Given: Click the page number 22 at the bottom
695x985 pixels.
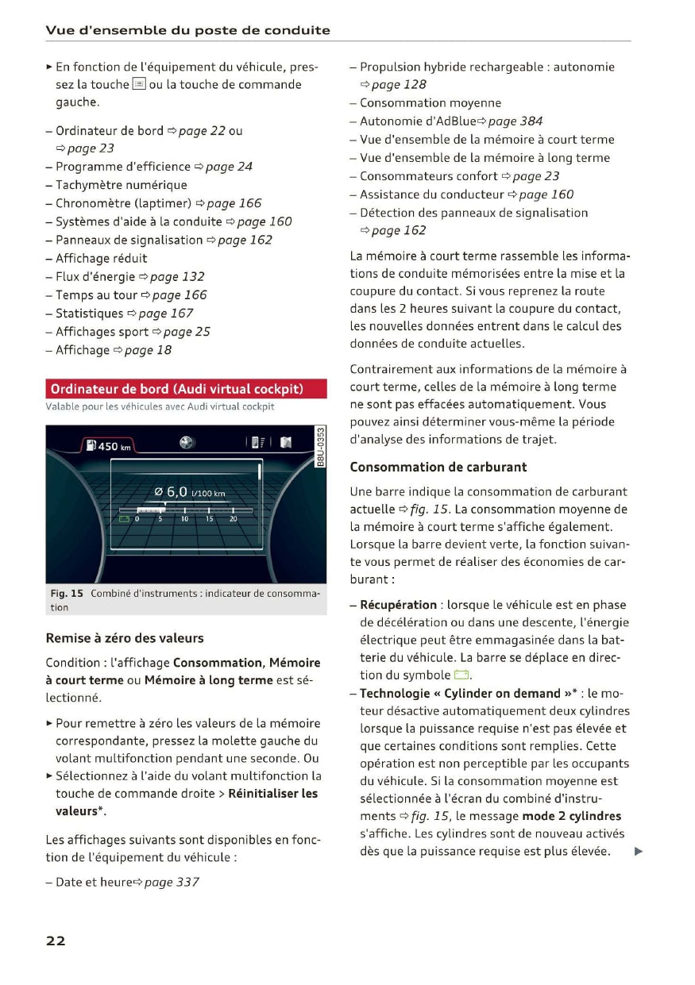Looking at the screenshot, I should [56, 941].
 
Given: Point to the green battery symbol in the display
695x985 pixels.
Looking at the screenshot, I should [124, 518].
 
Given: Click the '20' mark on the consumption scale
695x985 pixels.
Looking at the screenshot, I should [234, 518].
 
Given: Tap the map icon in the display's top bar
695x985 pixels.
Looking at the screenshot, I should [286, 442].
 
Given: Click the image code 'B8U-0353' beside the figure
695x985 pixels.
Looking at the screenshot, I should [319, 447].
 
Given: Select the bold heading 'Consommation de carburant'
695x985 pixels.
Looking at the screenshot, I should [438, 467].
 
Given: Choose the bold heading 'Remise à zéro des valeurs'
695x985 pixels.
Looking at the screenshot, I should [125, 638].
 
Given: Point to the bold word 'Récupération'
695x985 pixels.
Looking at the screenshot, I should [399, 605].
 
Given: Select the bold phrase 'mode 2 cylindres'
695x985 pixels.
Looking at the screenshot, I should [572, 816].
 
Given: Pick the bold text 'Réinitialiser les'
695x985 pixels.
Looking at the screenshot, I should [272, 794].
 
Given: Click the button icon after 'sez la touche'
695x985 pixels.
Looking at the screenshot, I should [138, 84].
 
